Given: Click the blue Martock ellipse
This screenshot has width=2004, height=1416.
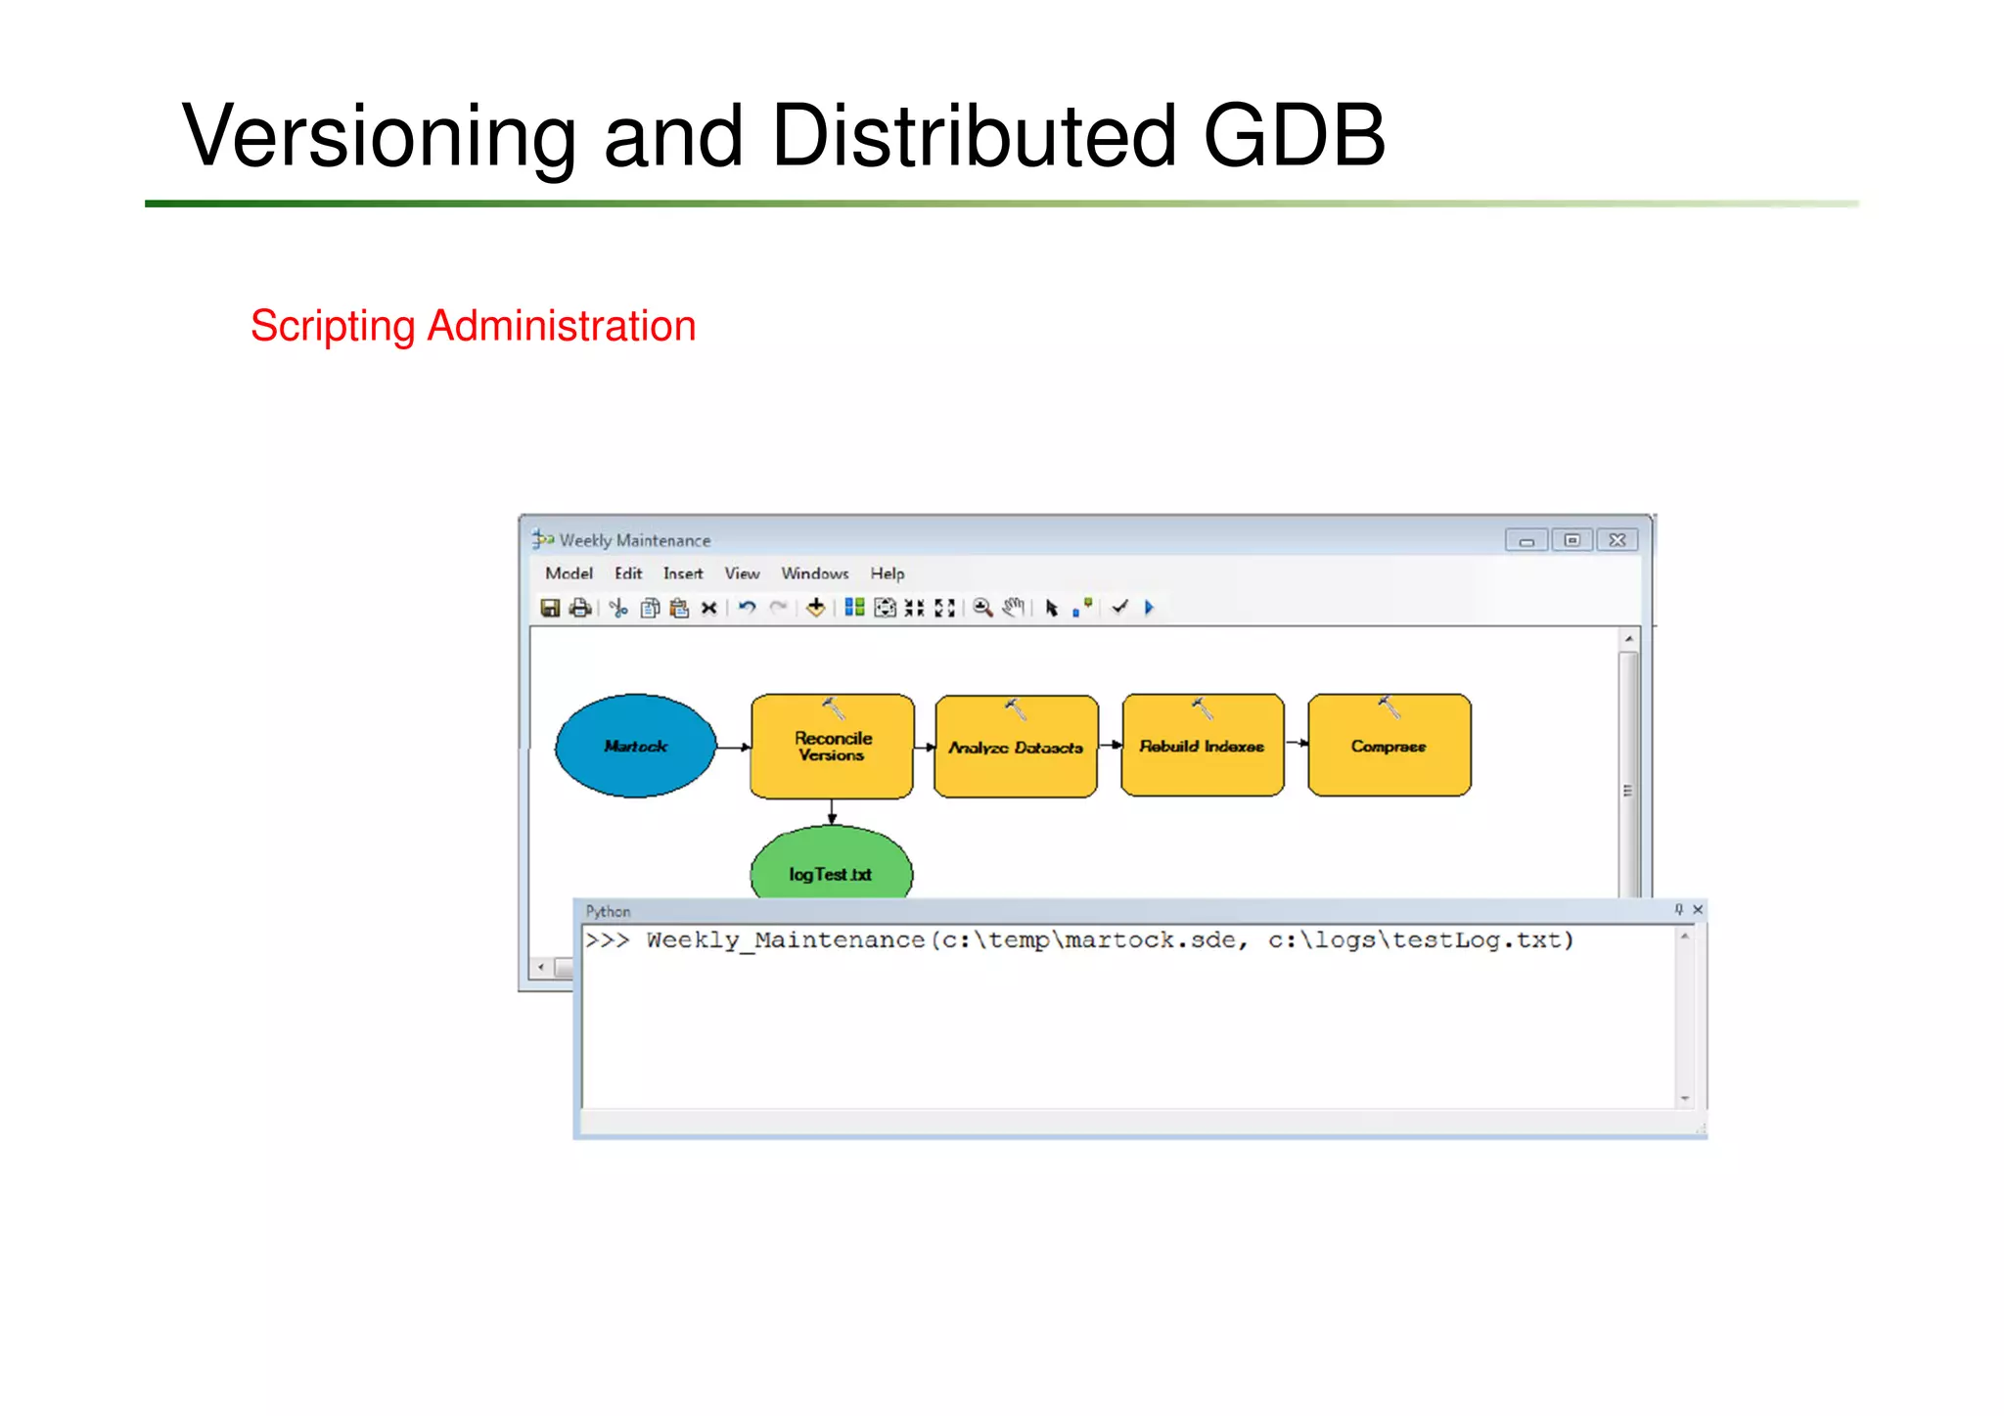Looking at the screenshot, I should coord(636,746).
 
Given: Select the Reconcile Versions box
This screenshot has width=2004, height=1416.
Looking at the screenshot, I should coord(833,746).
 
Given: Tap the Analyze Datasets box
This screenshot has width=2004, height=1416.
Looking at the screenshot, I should coord(1016,747).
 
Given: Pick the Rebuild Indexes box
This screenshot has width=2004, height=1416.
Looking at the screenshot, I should coord(1202,746).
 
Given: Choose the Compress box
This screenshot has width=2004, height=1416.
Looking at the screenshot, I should coord(1389,746).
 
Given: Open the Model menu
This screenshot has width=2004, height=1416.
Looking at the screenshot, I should coord(569,573).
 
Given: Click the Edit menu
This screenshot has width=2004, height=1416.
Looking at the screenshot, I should coord(628,573).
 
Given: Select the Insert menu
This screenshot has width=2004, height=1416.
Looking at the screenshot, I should coord(683,573).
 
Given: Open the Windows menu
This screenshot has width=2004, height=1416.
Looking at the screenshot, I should coord(814,573).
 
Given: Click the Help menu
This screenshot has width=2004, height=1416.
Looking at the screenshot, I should coord(888,573).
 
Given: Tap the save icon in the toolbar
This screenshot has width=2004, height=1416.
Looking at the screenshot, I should coord(550,608).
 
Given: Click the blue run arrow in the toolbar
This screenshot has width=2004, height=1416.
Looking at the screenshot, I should coord(1150,608).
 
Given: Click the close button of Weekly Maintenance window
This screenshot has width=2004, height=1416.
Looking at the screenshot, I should coord(1617,540).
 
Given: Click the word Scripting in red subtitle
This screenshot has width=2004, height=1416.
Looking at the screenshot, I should coord(333,327).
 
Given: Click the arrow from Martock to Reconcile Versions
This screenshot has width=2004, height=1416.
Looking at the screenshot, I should coord(733,747).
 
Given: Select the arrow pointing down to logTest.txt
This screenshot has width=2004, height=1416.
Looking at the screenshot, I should coord(832,812).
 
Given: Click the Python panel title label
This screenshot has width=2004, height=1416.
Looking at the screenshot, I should coord(608,911).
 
